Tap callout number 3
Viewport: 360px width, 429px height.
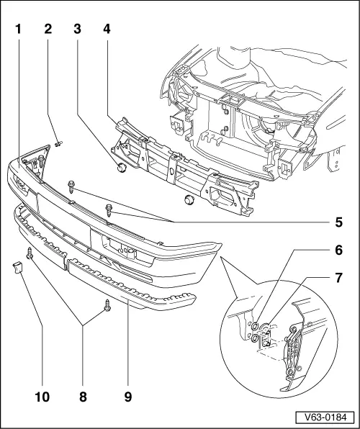coord(77,30)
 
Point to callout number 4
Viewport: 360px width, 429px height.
coord(107,30)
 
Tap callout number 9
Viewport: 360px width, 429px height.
coord(127,394)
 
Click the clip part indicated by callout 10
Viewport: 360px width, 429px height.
coord(18,269)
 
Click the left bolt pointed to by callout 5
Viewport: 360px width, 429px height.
coord(72,187)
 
